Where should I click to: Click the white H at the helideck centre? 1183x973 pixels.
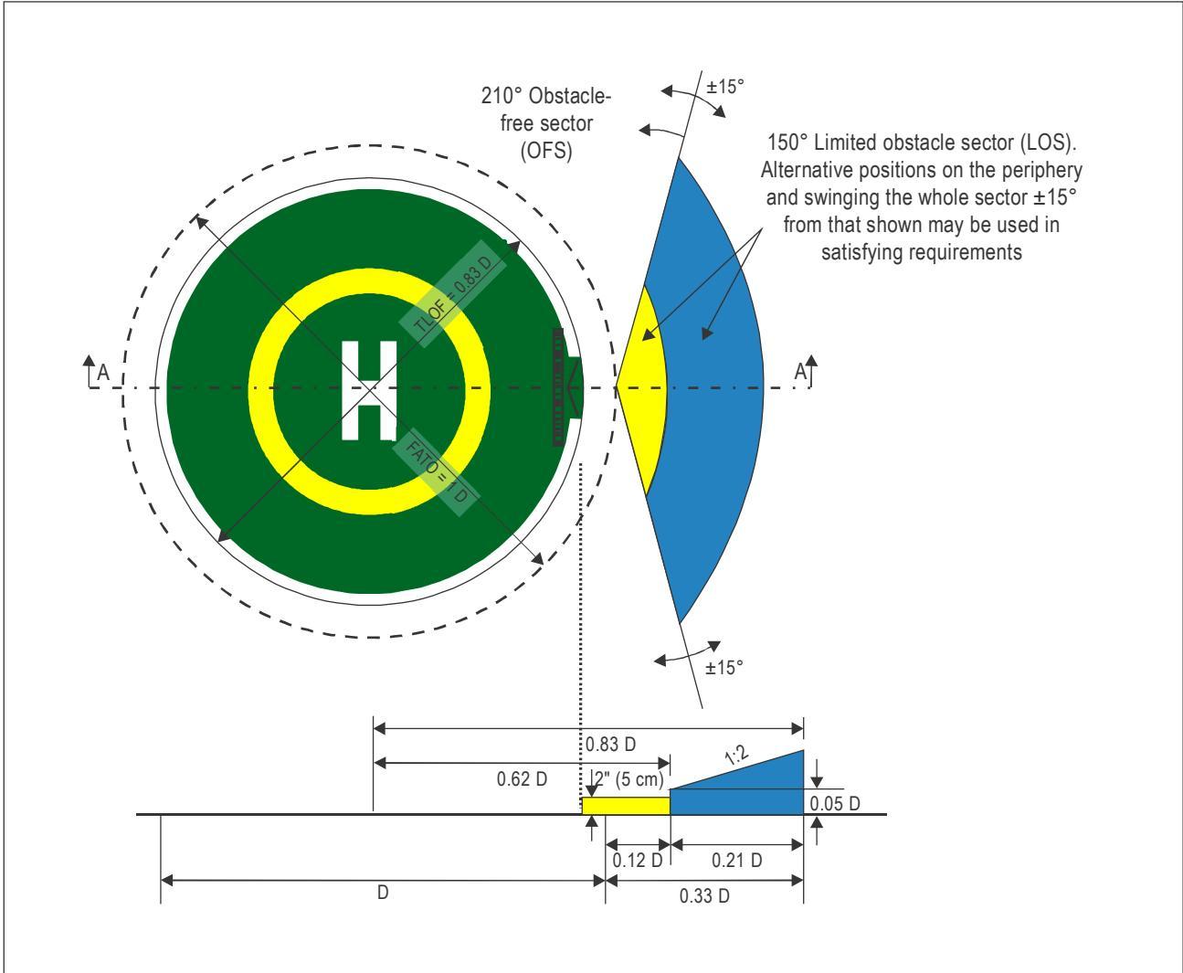pyautogui.click(x=369, y=390)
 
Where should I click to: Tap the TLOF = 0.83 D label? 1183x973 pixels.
pyautogui.click(x=453, y=293)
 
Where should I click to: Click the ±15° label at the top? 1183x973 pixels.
pyautogui.click(x=724, y=87)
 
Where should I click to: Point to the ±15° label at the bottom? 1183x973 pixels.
pyautogui.click(x=724, y=668)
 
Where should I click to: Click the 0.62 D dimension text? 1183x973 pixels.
pyautogui.click(x=522, y=778)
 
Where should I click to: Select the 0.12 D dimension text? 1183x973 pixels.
pyautogui.click(x=638, y=861)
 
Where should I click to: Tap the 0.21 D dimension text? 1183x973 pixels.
pyautogui.click(x=736, y=860)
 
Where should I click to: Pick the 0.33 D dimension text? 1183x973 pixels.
pyautogui.click(x=704, y=895)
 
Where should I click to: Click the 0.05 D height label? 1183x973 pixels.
pyautogui.click(x=835, y=804)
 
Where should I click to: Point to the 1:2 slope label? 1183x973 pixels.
pyautogui.click(x=736, y=755)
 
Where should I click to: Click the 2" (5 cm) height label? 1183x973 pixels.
pyautogui.click(x=628, y=778)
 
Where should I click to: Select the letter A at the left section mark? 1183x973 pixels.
pyautogui.click(x=103, y=373)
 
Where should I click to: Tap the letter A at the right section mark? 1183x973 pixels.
pyautogui.click(x=800, y=372)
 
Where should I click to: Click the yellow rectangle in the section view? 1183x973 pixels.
pyautogui.click(x=626, y=806)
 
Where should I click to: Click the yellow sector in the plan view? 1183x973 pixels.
pyautogui.click(x=642, y=390)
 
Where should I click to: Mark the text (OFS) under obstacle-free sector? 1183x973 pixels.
pyautogui.click(x=545, y=151)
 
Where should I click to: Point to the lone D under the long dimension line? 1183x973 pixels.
pyautogui.click(x=383, y=893)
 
